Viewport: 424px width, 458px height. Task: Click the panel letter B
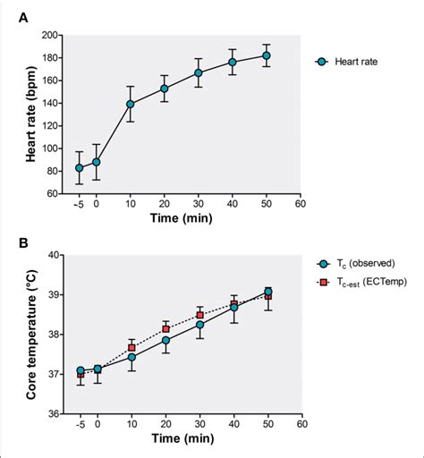pos(12,242)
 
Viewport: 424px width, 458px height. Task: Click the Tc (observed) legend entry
pos(356,264)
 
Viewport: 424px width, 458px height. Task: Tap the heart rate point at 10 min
pos(131,104)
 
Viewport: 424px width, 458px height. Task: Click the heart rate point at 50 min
pos(266,55)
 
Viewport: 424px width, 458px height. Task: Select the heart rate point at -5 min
pos(80,167)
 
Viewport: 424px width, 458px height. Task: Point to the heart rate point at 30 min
pos(199,72)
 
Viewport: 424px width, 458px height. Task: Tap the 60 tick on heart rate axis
pos(52,193)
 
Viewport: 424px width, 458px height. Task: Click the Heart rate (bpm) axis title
pos(20,114)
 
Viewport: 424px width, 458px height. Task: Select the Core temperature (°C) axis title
pos(20,334)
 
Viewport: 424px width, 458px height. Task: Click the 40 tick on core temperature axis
pos(52,255)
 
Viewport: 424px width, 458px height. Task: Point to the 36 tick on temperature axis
pos(52,413)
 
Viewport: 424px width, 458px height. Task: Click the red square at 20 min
pos(165,329)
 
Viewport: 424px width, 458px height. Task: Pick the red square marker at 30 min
pos(199,315)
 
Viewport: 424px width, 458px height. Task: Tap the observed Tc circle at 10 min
pos(131,357)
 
